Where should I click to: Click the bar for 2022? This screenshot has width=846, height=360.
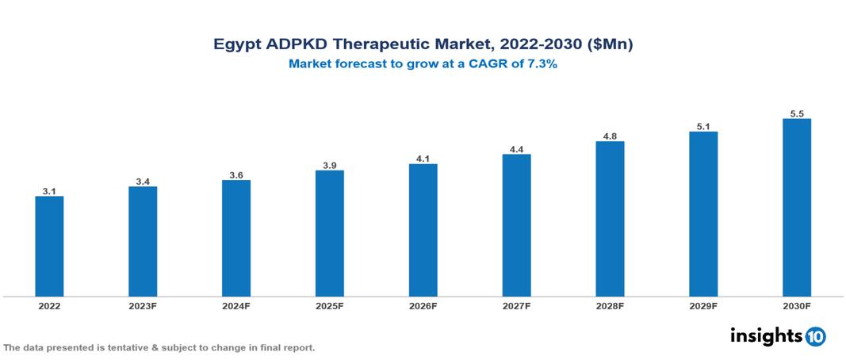click(x=49, y=246)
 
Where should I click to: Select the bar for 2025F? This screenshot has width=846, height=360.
click(x=329, y=233)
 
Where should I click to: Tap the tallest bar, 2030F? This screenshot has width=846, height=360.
click(x=796, y=208)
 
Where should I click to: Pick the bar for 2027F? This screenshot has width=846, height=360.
click(x=516, y=225)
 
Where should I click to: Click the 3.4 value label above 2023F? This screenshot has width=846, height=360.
click(x=143, y=182)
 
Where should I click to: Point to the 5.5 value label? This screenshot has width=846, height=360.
click(x=796, y=114)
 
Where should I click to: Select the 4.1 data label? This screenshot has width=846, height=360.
click(x=423, y=159)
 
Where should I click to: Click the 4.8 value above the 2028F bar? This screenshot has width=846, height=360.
click(x=610, y=136)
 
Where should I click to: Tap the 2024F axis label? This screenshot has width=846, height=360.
click(x=236, y=305)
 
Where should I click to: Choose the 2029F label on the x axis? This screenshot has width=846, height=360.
click(x=703, y=305)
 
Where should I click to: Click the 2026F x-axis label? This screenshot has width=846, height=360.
click(x=423, y=305)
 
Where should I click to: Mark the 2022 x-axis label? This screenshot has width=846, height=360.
click(x=49, y=305)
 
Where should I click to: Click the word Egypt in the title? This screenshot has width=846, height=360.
click(x=235, y=45)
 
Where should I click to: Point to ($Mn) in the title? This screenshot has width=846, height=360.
click(x=607, y=44)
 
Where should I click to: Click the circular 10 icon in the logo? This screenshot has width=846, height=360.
click(x=816, y=336)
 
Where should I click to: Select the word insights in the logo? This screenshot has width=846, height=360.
click(x=766, y=335)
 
